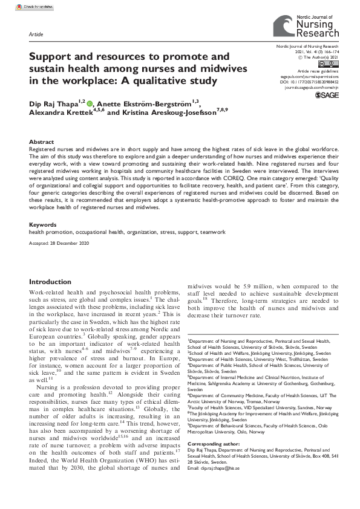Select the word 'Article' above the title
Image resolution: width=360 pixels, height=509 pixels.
coord(36,34)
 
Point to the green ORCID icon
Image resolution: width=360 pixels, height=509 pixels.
coord(90,103)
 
